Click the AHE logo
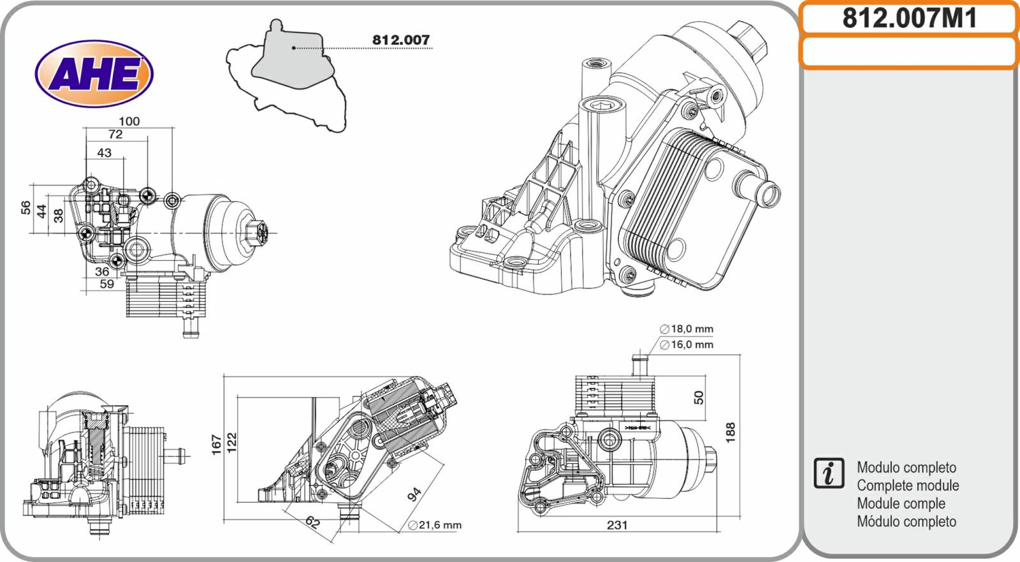pos(94,74)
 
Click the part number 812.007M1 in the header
pos(909,18)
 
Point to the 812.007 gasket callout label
pos(401,40)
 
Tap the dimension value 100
pos(129,121)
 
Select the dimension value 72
pos(115,135)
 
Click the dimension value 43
pos(104,153)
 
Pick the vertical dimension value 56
pos(25,207)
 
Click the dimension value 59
pos(106,284)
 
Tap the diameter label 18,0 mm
pos(687,329)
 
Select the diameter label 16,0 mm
pos(687,345)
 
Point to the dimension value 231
pos(617,525)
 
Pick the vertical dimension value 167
pos(216,445)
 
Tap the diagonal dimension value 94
pos(414,494)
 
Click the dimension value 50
pos(699,397)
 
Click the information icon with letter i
pos(829,473)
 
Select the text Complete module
pos(907,485)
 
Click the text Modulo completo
pos(906,468)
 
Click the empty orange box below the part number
pos(909,52)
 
